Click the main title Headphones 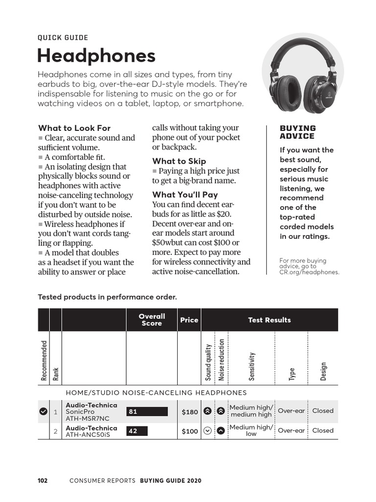click(96, 56)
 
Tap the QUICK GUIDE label click(63, 37)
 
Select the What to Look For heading click(74, 128)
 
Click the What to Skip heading click(179, 161)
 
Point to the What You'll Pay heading click(185, 195)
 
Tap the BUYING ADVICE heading click(298, 132)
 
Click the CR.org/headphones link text click(309, 272)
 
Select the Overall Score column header click(152, 320)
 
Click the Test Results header click(269, 320)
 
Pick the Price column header click(189, 320)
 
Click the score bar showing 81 click(147, 412)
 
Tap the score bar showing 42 click(137, 431)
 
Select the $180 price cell click(190, 412)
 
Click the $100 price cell click(190, 431)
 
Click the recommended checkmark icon click(43, 411)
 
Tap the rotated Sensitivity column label click(252, 366)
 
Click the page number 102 click(43, 481)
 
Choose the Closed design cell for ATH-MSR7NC click(323, 411)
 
